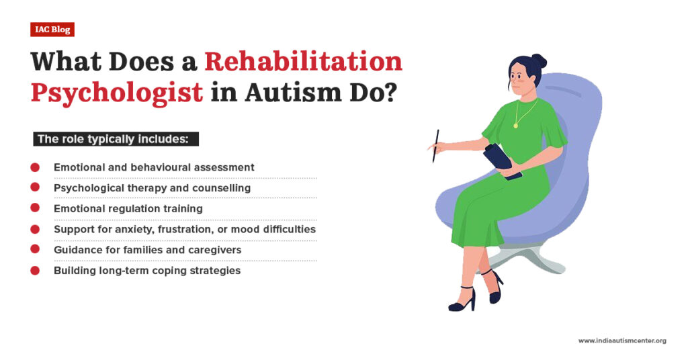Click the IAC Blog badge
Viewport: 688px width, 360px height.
(52, 30)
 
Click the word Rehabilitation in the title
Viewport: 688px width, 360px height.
(303, 61)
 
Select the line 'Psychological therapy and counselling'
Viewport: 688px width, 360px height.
(152, 188)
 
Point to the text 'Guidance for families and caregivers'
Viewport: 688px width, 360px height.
(147, 250)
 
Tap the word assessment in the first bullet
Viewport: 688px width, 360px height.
(224, 167)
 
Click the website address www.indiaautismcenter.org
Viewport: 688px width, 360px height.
(622, 341)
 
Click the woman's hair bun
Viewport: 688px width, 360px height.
(538, 60)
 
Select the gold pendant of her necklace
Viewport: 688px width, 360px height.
(515, 125)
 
